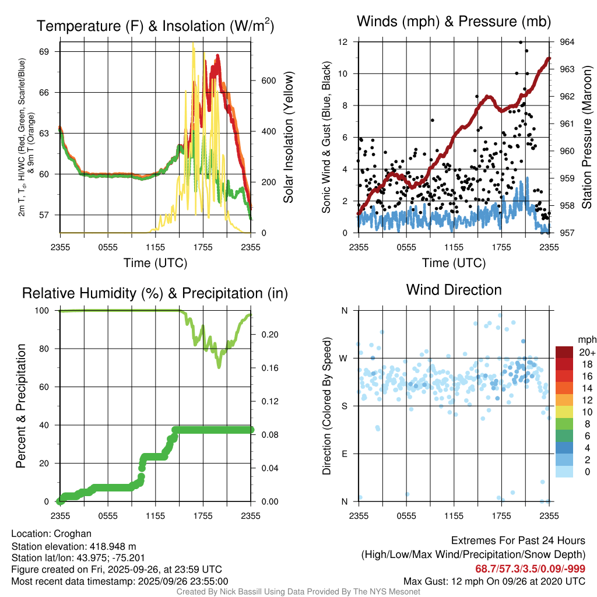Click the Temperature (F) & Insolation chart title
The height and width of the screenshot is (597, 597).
(155, 26)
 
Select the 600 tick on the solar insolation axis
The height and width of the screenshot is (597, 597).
(268, 80)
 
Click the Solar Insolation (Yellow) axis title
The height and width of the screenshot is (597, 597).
(289, 138)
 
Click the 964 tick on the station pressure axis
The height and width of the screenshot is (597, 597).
(567, 42)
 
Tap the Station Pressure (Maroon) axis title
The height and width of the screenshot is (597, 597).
(587, 138)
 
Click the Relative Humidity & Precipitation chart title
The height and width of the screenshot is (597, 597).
(155, 293)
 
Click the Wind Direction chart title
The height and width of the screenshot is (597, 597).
(454, 290)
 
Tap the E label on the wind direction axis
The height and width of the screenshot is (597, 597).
(344, 454)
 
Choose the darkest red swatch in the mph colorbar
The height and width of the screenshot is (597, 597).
(565, 352)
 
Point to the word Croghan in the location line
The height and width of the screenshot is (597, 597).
(72, 533)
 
